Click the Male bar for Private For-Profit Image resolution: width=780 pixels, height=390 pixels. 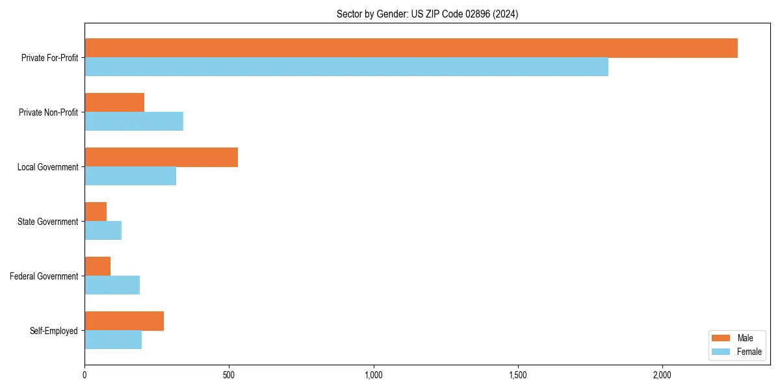[x=411, y=48]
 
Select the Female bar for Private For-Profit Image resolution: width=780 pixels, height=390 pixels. [x=346, y=67]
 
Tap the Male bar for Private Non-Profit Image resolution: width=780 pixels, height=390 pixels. [x=114, y=103]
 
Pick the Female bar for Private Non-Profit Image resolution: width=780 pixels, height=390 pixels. [x=134, y=122]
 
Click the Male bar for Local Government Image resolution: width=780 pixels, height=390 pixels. [x=161, y=157]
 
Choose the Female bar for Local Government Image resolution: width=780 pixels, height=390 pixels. [x=130, y=176]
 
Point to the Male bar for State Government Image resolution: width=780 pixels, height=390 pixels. [x=96, y=212]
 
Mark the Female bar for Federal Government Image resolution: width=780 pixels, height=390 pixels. [x=112, y=285]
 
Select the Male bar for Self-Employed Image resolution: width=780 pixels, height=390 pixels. [x=124, y=321]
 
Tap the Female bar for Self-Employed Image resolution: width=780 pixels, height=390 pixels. [x=113, y=340]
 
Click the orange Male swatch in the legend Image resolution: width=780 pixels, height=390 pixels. [x=721, y=338]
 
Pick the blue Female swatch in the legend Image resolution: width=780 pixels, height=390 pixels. [x=721, y=352]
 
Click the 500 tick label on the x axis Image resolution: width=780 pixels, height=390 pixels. [x=229, y=375]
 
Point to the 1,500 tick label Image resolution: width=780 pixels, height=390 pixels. [x=518, y=375]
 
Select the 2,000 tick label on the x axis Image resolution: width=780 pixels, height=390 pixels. [x=662, y=375]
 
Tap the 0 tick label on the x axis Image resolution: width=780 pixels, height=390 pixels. [x=84, y=375]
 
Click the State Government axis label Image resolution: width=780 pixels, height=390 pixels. [x=47, y=222]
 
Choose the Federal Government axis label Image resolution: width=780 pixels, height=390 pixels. [x=44, y=276]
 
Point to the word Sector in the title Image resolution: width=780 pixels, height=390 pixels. [x=349, y=14]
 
